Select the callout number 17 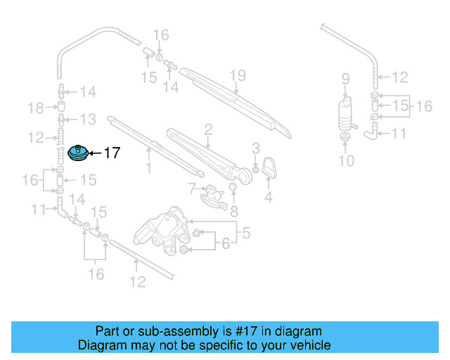112,153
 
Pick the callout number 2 208,129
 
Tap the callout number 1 148,168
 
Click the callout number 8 234,209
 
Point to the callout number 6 226,244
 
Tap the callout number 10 345,161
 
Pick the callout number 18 35,108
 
